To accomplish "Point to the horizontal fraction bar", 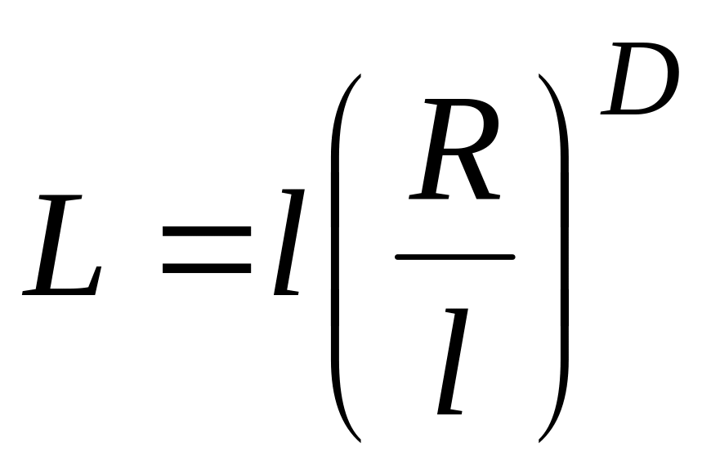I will coord(454,257).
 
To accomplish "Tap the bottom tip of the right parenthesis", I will coord(540,439).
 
